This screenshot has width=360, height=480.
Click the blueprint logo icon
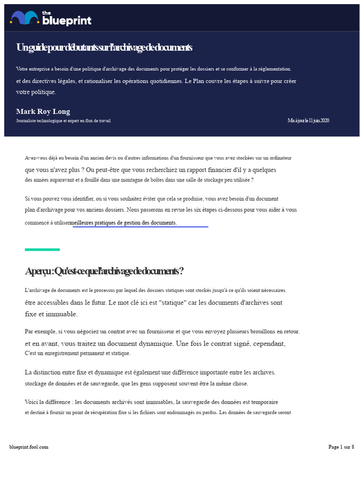pyautogui.click(x=24, y=18)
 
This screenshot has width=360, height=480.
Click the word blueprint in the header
pyautogui.click(x=67, y=21)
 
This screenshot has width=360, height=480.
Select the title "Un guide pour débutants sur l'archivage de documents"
pyautogui.click(x=104, y=48)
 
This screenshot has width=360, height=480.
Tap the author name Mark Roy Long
pyautogui.click(x=43, y=112)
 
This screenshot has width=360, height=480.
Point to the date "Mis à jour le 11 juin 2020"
pyautogui.click(x=308, y=120)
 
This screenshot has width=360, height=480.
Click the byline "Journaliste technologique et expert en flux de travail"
pyautogui.click(x=63, y=121)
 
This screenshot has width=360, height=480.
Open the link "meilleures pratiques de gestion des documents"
pyautogui.click(x=123, y=223)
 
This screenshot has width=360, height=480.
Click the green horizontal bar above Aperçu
pyautogui.click(x=42, y=249)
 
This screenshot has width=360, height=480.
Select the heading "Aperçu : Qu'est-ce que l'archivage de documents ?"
pyautogui.click(x=104, y=271)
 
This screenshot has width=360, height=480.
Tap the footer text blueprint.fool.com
pyautogui.click(x=29, y=447)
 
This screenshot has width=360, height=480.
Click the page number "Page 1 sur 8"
pyautogui.click(x=341, y=447)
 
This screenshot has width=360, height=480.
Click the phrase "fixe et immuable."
pyautogui.click(x=51, y=314)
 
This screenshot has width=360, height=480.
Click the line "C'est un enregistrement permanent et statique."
pyautogui.click(x=77, y=353)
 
